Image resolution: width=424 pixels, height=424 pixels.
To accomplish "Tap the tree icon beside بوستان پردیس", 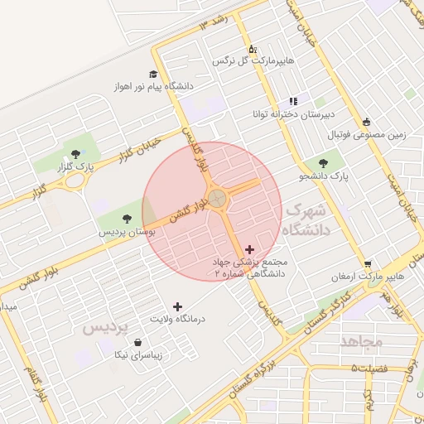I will [126, 219].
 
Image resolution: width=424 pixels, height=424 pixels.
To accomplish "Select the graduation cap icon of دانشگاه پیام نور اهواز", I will [155, 74].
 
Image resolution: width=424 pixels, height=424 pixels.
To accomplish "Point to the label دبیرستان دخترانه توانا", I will [291, 113].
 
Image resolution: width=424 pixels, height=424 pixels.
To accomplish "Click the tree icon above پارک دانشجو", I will [322, 163].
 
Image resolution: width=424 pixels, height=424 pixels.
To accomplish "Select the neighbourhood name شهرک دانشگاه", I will [307, 220].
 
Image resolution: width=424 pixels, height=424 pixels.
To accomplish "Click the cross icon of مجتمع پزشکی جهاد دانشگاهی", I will [250, 249].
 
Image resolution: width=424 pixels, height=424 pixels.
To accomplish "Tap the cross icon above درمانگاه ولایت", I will [176, 306].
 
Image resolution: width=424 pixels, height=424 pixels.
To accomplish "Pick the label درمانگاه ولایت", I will [176, 319].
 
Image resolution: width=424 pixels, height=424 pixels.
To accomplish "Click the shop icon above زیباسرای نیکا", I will [137, 342].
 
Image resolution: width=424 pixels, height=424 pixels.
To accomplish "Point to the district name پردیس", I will [106, 328].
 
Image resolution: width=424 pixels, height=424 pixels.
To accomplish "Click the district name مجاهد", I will [361, 341].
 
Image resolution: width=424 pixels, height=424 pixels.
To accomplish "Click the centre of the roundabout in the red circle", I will [216, 198].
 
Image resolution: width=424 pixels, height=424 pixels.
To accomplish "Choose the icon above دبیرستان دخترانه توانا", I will [292, 100].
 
